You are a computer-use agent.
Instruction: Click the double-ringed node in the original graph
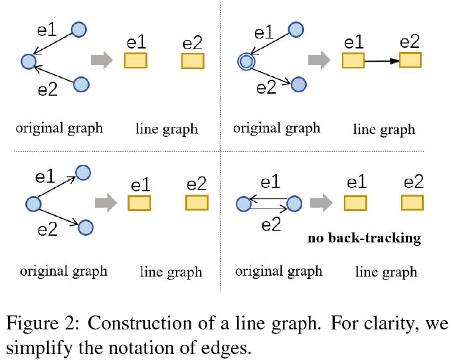pos(246,62)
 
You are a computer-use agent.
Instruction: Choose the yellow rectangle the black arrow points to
pos(410,60)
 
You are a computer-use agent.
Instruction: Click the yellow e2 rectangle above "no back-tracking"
pos(412,203)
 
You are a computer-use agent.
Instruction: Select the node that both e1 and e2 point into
pos(28,62)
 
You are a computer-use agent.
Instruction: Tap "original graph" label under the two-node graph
pos(279,271)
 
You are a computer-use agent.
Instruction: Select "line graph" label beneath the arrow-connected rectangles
pos(384,130)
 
